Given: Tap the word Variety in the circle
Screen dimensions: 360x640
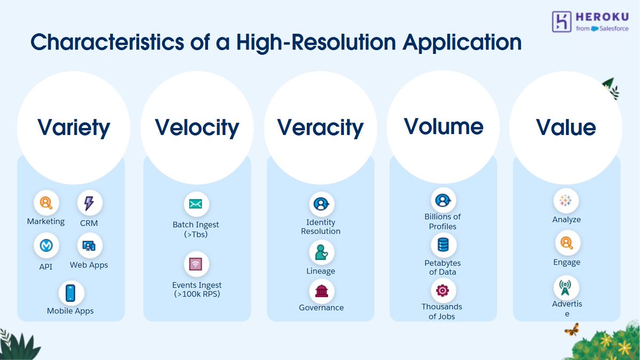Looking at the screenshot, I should pyautogui.click(x=74, y=127).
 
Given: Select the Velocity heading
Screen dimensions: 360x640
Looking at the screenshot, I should pyautogui.click(x=197, y=127).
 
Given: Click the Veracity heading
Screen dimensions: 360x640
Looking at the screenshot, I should pyautogui.click(x=320, y=127).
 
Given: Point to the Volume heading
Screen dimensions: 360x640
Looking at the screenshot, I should pyautogui.click(x=443, y=126).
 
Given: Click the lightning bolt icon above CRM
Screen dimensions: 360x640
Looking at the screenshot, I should pyautogui.click(x=89, y=203).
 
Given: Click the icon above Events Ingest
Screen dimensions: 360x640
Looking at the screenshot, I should pyautogui.click(x=196, y=264).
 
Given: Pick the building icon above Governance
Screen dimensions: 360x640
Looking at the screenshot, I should pyautogui.click(x=322, y=291).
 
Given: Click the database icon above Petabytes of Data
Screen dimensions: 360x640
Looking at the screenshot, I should pyautogui.click(x=443, y=245).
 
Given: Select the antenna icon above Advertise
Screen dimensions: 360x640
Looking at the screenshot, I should pyautogui.click(x=566, y=287).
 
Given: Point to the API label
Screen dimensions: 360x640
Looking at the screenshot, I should pyautogui.click(x=46, y=266).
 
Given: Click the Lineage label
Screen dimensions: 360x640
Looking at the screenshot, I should pyautogui.click(x=321, y=271).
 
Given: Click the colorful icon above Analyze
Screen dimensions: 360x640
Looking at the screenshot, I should pyautogui.click(x=566, y=201).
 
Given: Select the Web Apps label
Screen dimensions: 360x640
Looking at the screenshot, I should pyautogui.click(x=89, y=265).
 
